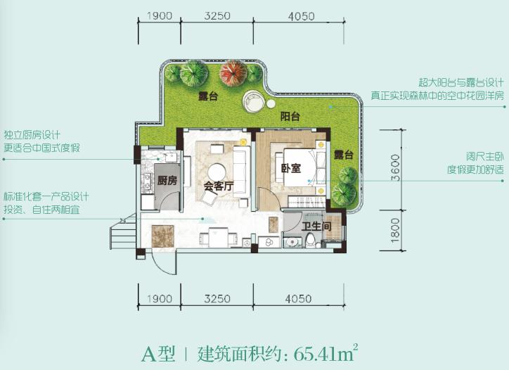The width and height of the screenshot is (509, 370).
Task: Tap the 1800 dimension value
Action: pyautogui.click(x=396, y=230)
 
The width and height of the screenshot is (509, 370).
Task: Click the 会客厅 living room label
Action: pyautogui.click(x=218, y=186)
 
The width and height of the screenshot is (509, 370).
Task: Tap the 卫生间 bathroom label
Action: pyautogui.click(x=316, y=227)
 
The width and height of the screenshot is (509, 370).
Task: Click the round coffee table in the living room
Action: pyautogui.click(x=217, y=171)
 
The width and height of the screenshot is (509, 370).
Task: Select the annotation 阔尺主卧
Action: pyautogui.click(x=466, y=157)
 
